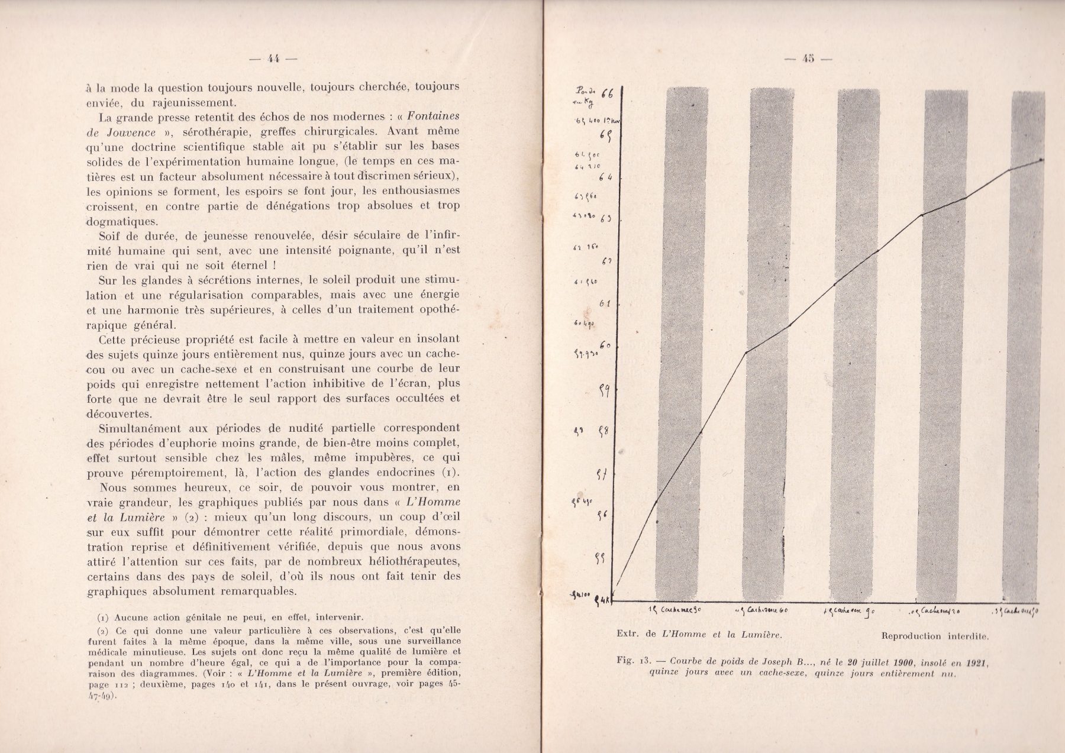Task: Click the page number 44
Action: pyautogui.click(x=273, y=58)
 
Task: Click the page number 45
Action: pyautogui.click(x=808, y=58)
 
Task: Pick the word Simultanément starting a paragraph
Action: pyautogui.click(x=134, y=428)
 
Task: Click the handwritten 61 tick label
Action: pyautogui.click(x=605, y=303)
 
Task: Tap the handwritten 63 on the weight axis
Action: pyautogui.click(x=605, y=218)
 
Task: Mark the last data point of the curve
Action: pyautogui.click(x=1041, y=160)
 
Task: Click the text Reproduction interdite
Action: pyautogui.click(x=934, y=636)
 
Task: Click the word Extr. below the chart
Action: pyautogui.click(x=627, y=634)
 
